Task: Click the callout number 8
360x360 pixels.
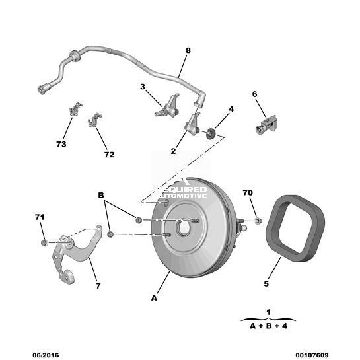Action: point(188,50)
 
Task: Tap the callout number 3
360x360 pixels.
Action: point(143,87)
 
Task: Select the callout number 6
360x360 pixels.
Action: point(254,94)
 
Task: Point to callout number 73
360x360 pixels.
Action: point(61,144)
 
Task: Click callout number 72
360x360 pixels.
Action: point(109,155)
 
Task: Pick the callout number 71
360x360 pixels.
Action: point(40,217)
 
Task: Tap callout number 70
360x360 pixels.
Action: point(248,193)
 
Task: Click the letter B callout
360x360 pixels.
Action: point(101,195)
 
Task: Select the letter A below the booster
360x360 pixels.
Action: point(154,298)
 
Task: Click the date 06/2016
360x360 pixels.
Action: point(46,355)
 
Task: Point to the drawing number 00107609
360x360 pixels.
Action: point(312,355)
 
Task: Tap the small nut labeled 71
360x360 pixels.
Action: point(44,242)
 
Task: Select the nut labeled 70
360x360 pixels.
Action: point(258,221)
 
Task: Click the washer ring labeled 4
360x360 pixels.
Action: point(210,134)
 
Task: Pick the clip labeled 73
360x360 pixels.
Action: point(75,109)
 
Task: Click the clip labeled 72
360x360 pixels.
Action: point(94,120)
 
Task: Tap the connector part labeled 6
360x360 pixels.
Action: point(266,126)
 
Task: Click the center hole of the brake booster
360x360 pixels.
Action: point(183,228)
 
